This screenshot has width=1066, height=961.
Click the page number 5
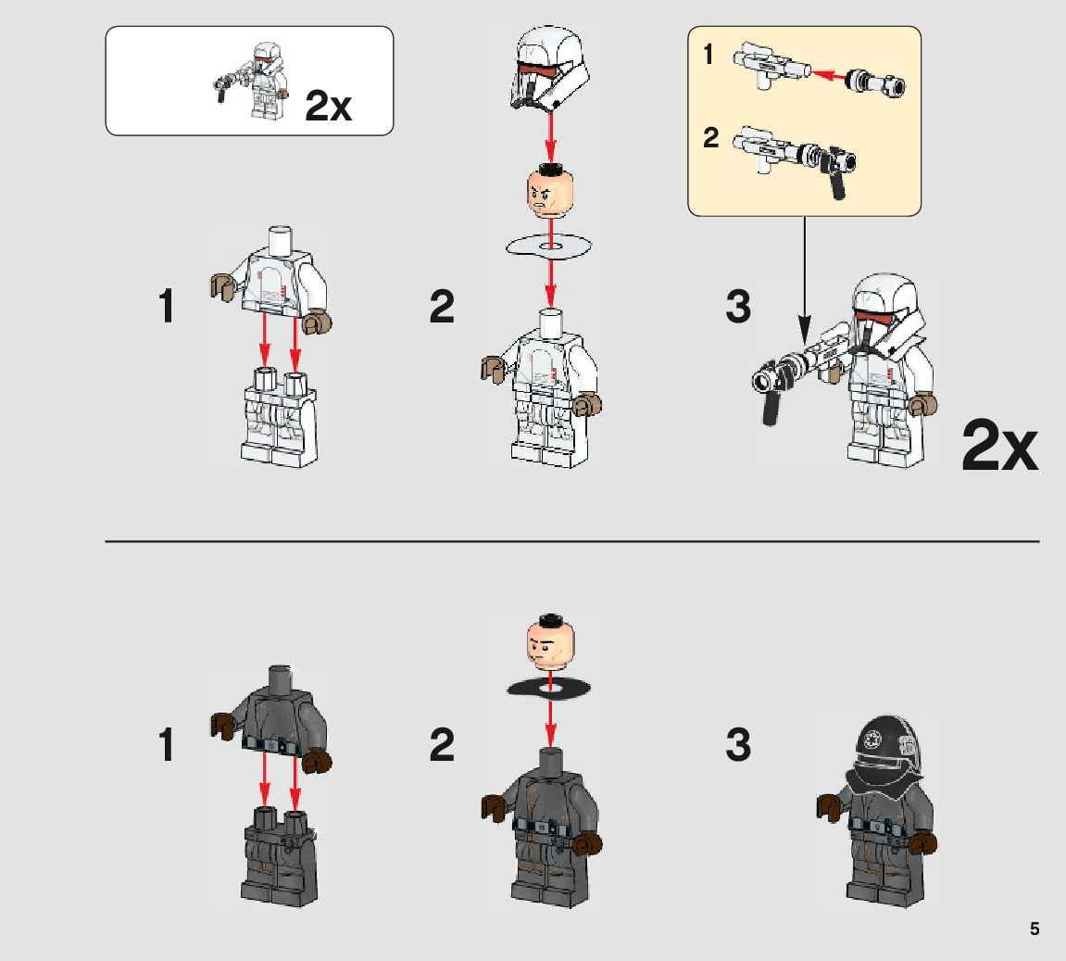pos(1035,929)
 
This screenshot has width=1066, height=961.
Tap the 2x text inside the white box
pos(329,106)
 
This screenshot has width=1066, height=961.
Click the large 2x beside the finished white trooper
pos(1000,446)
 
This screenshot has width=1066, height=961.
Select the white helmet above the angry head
pos(550,68)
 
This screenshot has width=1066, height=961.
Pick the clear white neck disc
pos(548,247)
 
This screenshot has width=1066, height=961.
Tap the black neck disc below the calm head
pos(549,689)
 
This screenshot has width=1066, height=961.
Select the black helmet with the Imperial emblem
pos(885,753)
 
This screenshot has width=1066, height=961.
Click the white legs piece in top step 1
pos(280,417)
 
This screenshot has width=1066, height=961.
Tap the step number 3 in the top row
pos(738,307)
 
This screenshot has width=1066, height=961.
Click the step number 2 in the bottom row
pos(442,745)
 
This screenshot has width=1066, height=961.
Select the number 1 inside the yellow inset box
pos(709,55)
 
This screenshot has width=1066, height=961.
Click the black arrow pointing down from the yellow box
pos(804,279)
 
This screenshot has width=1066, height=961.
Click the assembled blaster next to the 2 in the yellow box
pos(794,160)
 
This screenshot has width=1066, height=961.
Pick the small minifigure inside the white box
pos(252,81)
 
